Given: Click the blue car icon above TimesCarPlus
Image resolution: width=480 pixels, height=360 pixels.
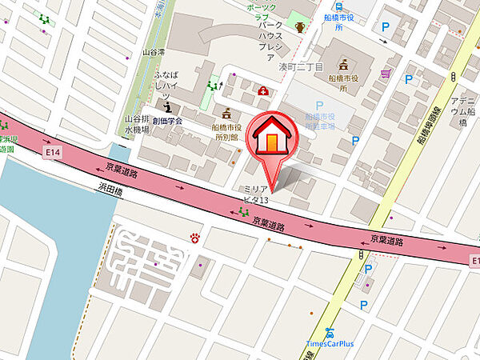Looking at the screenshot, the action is point(329,332).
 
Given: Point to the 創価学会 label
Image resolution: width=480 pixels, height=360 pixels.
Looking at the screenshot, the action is point(168,121).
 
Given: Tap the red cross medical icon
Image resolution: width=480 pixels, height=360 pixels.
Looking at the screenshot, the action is point(262,91).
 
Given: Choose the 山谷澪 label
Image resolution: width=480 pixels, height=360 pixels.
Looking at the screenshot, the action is point(152,51).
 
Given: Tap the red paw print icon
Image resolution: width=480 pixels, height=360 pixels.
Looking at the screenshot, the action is point(195,237).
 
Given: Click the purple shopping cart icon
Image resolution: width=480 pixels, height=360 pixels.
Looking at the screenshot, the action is point(386,74).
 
